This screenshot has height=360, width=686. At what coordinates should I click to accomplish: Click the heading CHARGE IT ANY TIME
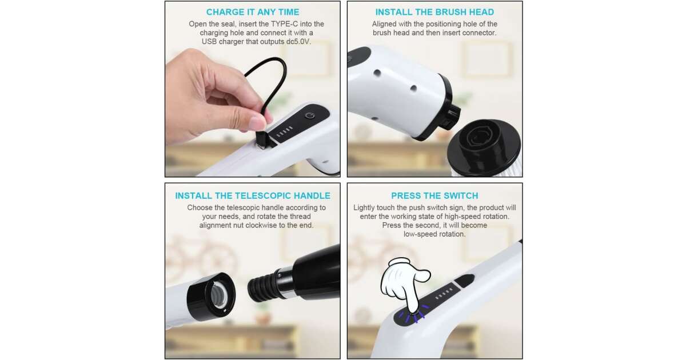[252, 12]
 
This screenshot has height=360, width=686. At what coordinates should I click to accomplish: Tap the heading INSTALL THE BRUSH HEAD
[434, 12]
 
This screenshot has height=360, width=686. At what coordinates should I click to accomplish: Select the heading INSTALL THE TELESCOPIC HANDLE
[253, 195]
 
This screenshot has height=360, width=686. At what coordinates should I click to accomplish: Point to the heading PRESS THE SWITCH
[434, 195]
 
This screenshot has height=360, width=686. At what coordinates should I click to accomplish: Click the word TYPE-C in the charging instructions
[284, 24]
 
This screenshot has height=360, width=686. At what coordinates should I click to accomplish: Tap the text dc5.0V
[298, 42]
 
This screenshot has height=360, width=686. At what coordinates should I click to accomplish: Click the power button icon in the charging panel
[310, 115]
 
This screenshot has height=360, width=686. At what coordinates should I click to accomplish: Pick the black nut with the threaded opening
[212, 297]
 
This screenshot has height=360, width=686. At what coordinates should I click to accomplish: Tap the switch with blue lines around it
[413, 314]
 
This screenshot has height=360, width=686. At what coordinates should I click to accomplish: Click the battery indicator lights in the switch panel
[444, 293]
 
